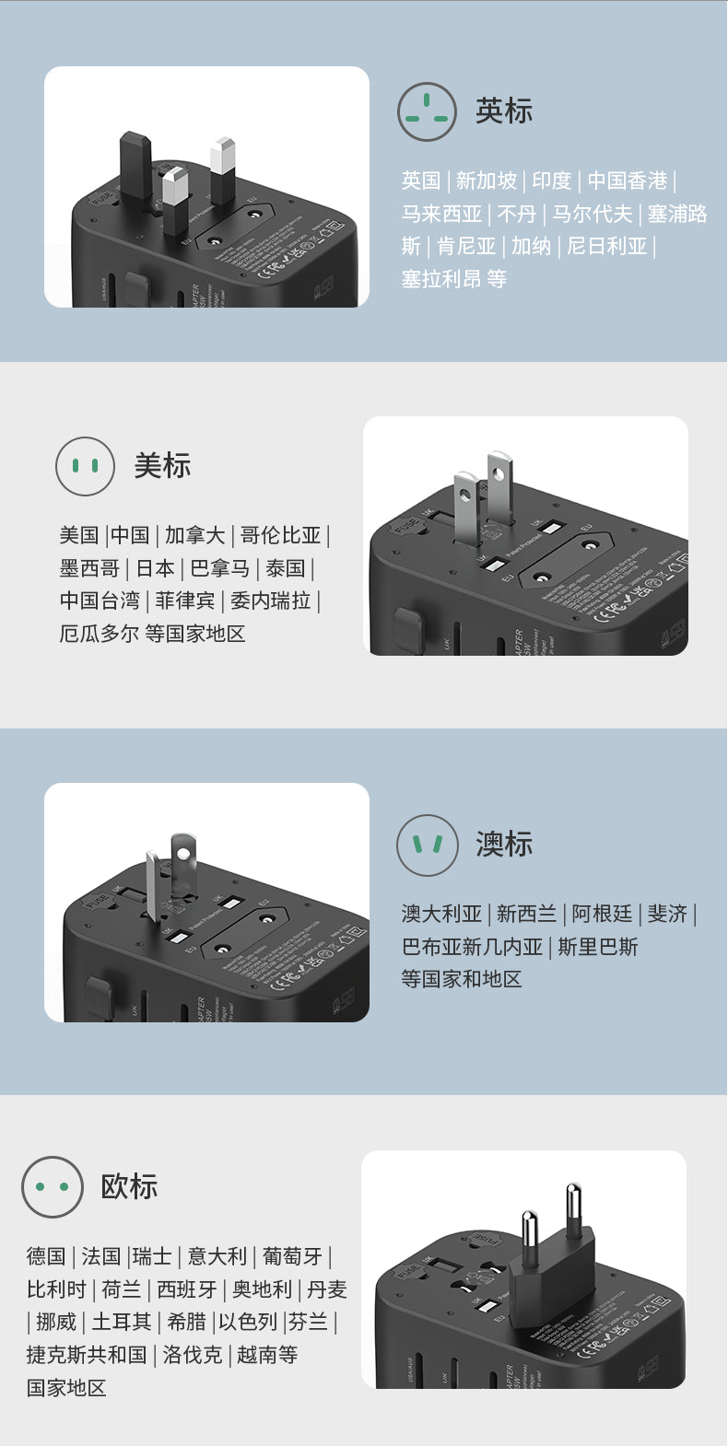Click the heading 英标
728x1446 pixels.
(503, 111)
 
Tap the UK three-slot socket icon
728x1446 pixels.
(427, 111)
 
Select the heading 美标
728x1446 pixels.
(162, 465)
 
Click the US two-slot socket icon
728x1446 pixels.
(85, 466)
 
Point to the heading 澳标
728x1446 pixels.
(503, 844)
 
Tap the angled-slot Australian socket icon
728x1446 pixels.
(427, 845)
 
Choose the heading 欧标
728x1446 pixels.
(129, 1186)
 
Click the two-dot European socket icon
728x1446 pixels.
(52, 1186)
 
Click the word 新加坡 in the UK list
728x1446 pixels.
(486, 181)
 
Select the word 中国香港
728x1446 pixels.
(627, 181)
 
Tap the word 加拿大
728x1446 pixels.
(194, 535)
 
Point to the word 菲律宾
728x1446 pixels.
(184, 601)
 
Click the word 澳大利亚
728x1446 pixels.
(441, 914)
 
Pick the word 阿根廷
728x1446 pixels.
(602, 914)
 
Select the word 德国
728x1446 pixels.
(46, 1256)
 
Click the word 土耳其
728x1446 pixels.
(121, 1322)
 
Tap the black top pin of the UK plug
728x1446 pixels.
(135, 164)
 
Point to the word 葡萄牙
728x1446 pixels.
(292, 1256)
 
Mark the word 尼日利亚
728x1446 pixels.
(606, 246)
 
